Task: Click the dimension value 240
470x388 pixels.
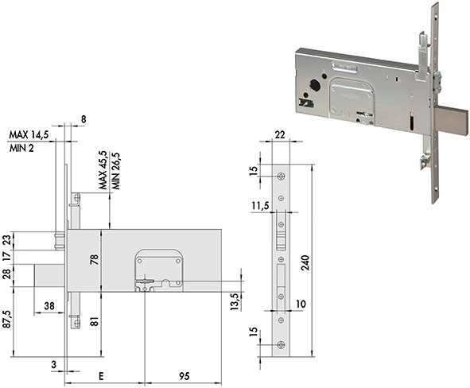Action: click(x=305, y=261)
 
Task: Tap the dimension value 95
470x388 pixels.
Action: click(x=185, y=376)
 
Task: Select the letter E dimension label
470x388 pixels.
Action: click(x=101, y=376)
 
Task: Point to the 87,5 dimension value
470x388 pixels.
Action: click(x=7, y=319)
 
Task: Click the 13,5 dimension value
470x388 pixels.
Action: click(x=235, y=301)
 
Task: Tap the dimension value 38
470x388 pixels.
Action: click(x=49, y=306)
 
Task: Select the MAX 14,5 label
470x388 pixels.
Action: click(x=29, y=135)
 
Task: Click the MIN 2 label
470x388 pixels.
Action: click(x=21, y=148)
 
